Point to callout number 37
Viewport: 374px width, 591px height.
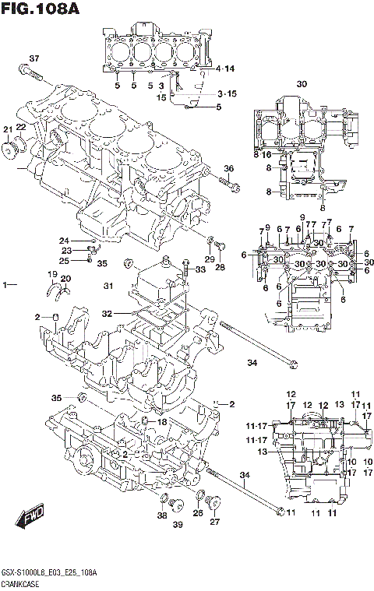34,59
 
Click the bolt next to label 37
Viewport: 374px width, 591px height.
30,76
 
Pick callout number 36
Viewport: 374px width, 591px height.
228,169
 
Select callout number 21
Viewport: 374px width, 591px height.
7,128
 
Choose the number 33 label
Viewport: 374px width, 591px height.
201,269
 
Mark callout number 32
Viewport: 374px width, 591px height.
107,313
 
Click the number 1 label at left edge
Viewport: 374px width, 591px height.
5,287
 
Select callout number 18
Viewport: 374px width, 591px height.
162,421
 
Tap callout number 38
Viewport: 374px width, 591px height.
162,515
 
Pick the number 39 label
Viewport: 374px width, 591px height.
178,526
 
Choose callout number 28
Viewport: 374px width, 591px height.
221,266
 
